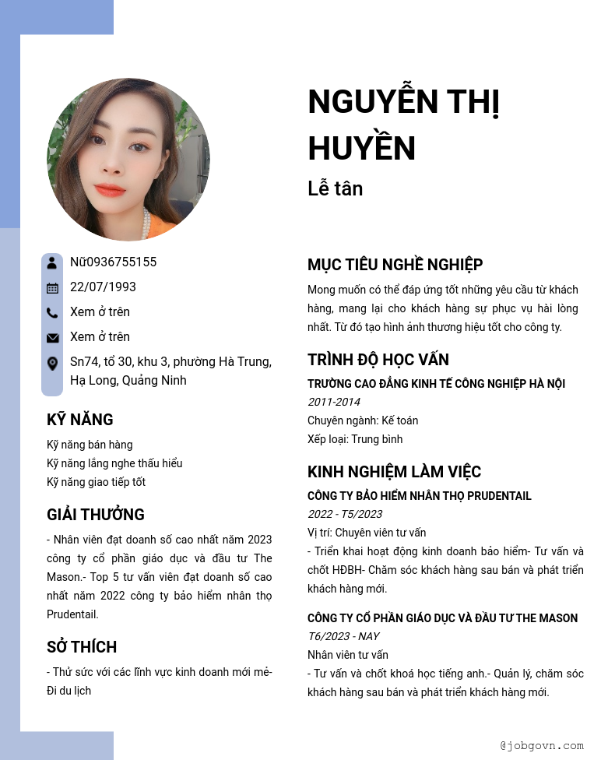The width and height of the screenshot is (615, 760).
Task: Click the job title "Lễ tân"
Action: [336, 188]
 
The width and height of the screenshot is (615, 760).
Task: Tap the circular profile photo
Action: [128, 159]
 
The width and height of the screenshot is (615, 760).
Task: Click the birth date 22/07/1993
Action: [103, 287]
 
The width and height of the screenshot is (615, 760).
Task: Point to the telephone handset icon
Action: [52, 313]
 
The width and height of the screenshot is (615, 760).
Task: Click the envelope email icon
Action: [52, 338]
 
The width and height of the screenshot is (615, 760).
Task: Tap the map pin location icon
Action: [52, 363]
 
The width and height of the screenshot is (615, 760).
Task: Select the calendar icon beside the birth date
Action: [52, 288]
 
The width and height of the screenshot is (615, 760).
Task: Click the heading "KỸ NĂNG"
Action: [80, 420]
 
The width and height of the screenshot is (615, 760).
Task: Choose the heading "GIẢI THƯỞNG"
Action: [96, 515]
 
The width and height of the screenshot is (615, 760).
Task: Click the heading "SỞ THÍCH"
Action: [82, 647]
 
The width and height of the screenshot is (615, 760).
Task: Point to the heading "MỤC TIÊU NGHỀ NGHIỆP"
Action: [395, 265]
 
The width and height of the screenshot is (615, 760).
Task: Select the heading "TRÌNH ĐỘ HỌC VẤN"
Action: [378, 360]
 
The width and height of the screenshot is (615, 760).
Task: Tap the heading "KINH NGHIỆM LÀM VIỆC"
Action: [395, 472]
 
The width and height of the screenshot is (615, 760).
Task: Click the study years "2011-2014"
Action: [334, 402]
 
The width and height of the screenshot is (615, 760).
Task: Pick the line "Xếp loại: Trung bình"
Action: [355, 439]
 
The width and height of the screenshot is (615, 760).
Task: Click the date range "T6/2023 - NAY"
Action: [343, 636]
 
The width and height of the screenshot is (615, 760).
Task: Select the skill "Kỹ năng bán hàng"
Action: [90, 445]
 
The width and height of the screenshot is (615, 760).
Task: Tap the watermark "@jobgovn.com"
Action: [542, 746]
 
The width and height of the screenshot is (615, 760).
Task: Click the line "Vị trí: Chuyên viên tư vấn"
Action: [367, 533]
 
